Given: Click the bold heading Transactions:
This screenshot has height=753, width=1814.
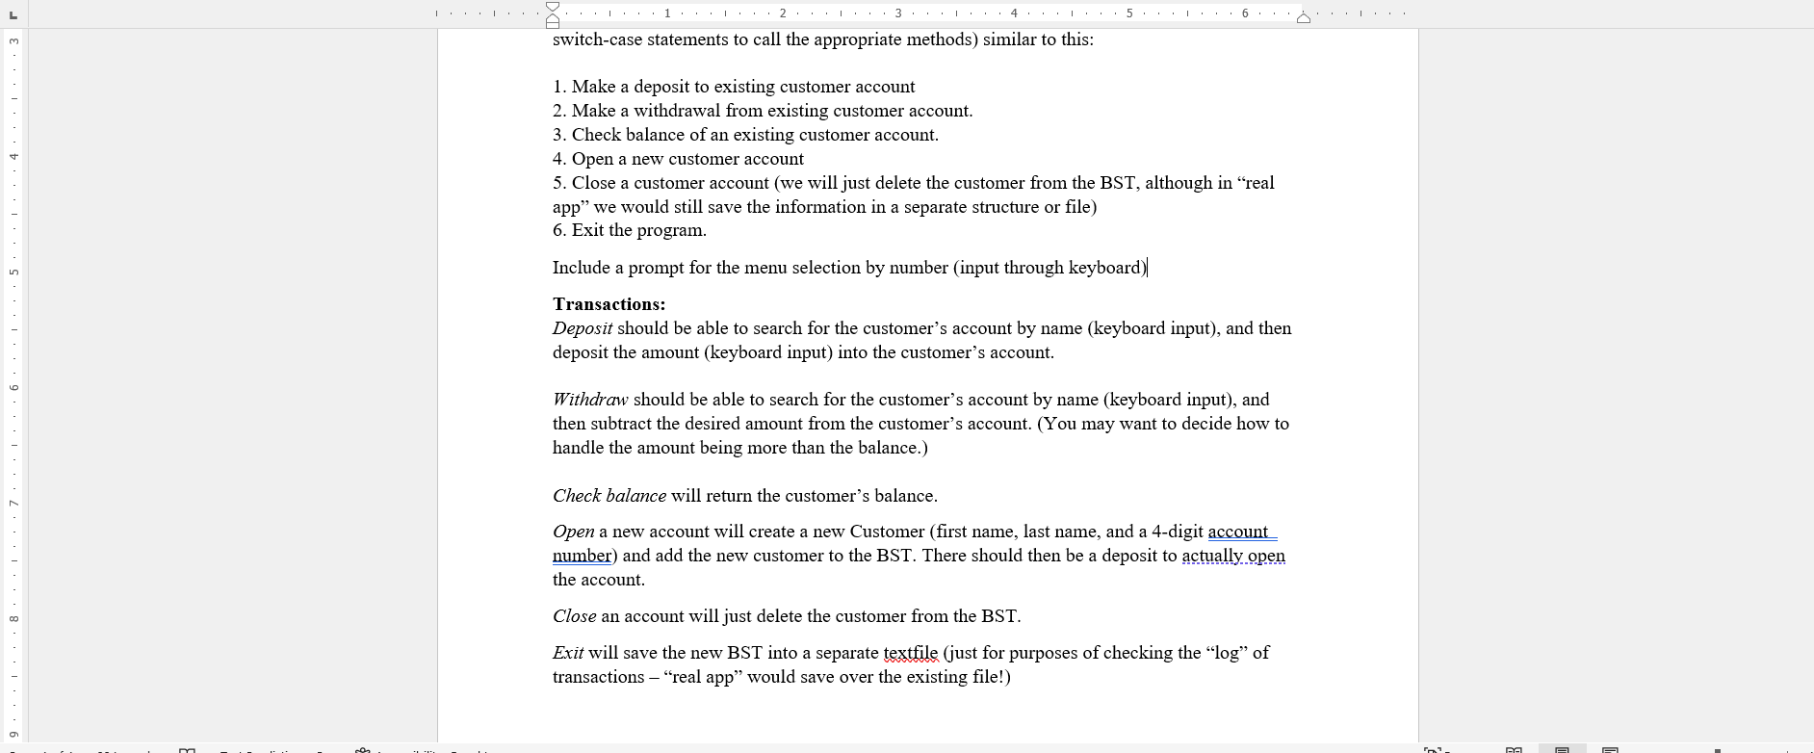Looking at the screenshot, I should point(609,304).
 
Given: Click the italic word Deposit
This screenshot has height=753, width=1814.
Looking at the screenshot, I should point(582,328).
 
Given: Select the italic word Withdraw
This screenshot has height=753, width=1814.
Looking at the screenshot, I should point(589,400).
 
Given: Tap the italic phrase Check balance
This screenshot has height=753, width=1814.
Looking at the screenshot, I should point(609,496).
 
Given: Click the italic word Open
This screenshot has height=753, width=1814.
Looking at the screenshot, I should point(573,532).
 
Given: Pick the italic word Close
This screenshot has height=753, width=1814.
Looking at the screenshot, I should point(574,616).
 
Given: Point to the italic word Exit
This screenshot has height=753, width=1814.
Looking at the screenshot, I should point(567,653).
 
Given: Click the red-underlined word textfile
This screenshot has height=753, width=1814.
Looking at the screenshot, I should point(910,653).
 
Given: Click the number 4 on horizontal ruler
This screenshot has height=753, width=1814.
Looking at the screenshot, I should point(1014,13).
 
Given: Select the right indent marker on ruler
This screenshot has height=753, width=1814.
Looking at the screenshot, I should point(1303,17).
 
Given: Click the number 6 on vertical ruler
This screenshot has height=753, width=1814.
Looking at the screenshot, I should point(13,387).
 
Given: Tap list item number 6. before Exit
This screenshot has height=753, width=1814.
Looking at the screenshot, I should point(559,230).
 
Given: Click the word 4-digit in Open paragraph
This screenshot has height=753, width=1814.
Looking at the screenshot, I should point(1177,532).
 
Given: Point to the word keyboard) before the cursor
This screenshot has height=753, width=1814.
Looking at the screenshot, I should point(1107,268).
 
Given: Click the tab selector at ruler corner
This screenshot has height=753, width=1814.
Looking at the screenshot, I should point(13,13).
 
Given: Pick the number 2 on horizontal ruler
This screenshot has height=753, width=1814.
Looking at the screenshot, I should point(783,13).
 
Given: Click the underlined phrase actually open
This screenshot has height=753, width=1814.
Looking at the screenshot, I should point(1232,556).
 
